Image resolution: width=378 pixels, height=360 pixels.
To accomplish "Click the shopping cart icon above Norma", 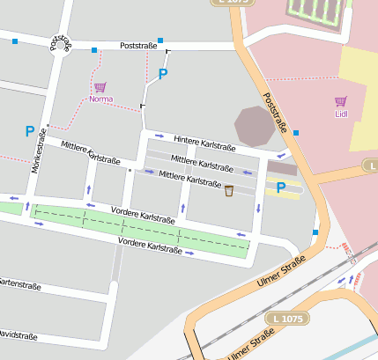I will [x=100, y=87].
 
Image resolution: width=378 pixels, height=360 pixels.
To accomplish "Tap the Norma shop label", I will [x=101, y=99].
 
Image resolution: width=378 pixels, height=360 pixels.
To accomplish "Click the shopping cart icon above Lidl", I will [x=341, y=101].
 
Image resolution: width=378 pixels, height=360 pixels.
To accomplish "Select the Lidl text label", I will [x=341, y=114].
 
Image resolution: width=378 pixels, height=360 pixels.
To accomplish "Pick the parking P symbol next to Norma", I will [x=162, y=75].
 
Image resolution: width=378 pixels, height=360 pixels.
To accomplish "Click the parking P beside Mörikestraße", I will [x=30, y=131].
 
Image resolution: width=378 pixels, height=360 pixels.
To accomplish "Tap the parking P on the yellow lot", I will [x=281, y=187].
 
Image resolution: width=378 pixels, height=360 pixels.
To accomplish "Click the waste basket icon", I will [x=229, y=190].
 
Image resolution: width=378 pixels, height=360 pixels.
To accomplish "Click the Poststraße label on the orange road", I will [x=275, y=114].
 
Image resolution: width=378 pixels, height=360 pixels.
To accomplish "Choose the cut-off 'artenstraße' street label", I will [x=20, y=283].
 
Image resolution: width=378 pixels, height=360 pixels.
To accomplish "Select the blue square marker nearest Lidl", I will [x=296, y=132].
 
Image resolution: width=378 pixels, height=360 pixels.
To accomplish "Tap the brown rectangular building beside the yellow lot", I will [x=282, y=167].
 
